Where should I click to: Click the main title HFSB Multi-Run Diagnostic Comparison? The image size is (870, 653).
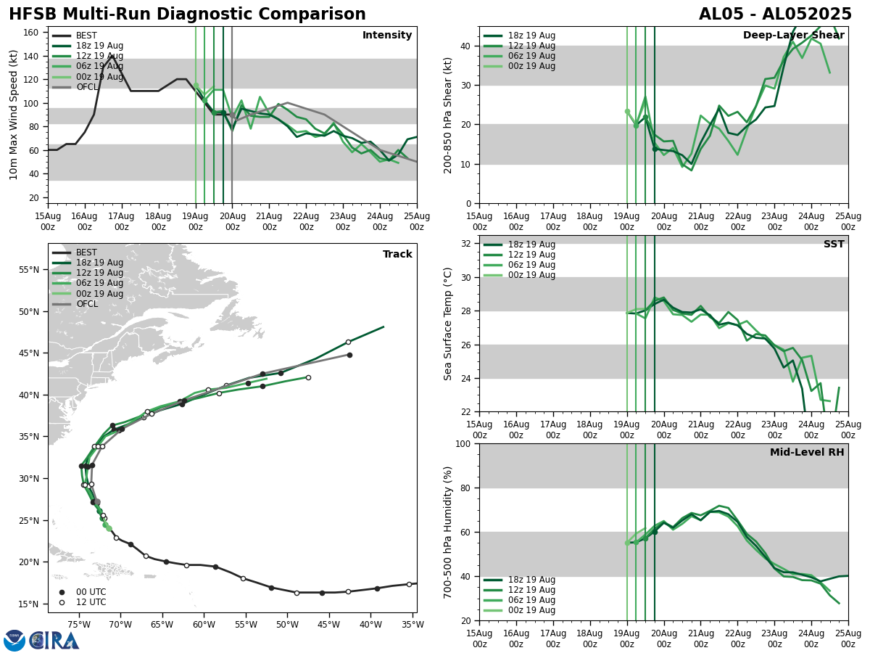tap(187, 15)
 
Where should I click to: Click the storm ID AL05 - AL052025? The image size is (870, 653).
tap(775, 15)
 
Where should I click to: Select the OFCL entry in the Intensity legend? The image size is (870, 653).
tap(86, 87)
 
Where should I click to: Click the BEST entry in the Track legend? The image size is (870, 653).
tap(86, 252)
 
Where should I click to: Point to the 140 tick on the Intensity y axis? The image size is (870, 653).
tap(33, 56)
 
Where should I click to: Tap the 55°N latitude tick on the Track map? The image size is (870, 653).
tap(29, 270)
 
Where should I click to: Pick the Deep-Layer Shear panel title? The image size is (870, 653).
tap(793, 36)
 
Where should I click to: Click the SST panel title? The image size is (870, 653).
tap(834, 245)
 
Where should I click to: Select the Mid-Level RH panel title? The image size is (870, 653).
tap(807, 453)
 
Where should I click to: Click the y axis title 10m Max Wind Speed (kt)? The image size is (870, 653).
tap(14, 115)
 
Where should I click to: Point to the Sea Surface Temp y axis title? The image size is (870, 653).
tap(448, 324)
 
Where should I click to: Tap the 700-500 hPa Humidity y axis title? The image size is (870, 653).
tap(448, 532)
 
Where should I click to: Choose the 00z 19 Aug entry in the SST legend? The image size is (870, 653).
tap(531, 275)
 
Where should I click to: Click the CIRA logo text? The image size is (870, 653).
tap(55, 641)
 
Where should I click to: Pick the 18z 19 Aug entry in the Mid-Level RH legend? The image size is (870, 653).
tap(531, 580)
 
